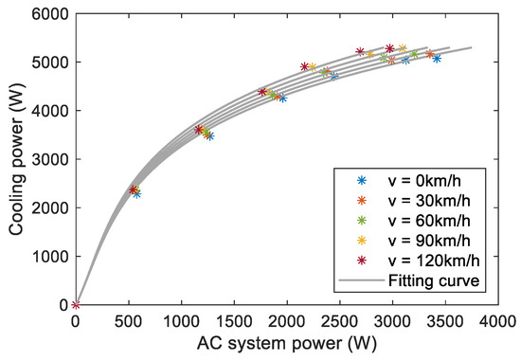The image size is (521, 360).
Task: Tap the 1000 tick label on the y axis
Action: click(54, 257)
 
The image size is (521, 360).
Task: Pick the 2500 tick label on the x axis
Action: click(340, 322)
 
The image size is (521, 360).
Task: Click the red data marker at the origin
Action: click(76, 305)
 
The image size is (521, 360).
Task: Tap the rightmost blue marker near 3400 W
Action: click(437, 59)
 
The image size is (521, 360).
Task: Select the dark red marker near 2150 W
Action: click(304, 67)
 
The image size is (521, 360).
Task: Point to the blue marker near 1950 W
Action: click(282, 99)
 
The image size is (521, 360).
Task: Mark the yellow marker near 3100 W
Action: click(403, 48)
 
